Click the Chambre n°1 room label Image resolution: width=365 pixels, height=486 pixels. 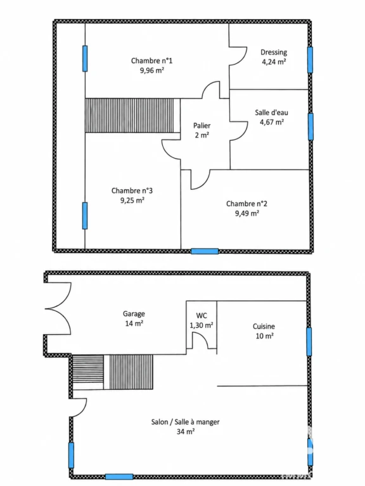(x=151, y=61)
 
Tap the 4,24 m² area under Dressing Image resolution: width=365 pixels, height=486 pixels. (x=274, y=61)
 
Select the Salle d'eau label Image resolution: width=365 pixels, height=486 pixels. (x=272, y=113)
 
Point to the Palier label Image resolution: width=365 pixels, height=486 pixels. (x=202, y=125)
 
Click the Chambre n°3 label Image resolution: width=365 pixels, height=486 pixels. (x=132, y=190)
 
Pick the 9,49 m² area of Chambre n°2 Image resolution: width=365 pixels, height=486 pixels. (x=247, y=213)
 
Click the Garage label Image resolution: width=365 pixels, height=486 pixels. (x=134, y=314)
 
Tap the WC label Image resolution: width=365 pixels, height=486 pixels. (x=202, y=316)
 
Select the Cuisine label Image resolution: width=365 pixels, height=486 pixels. (x=264, y=326)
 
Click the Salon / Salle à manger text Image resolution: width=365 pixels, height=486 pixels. (x=185, y=422)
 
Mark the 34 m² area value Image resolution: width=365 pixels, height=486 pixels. (x=186, y=432)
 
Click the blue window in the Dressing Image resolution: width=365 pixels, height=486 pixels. (x=310, y=60)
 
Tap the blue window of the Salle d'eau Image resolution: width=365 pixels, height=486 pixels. (x=311, y=127)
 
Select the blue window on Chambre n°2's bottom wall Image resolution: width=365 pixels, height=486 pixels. (x=205, y=251)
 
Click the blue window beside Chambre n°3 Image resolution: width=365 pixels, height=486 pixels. (x=85, y=216)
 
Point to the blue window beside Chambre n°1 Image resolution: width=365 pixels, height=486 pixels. (x=85, y=59)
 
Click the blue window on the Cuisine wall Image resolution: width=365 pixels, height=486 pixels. (x=309, y=342)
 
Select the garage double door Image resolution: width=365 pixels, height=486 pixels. (x=58, y=308)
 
